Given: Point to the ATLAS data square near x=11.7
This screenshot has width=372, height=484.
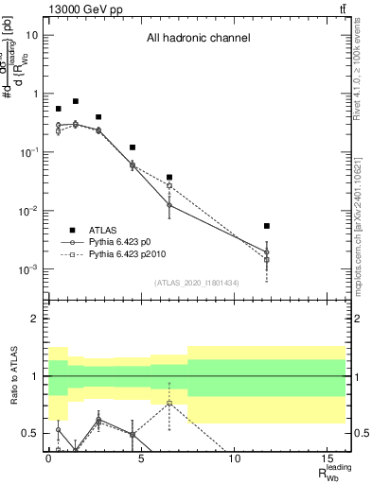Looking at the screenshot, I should coord(267,226).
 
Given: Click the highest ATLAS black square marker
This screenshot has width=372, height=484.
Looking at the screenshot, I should coord(76,101).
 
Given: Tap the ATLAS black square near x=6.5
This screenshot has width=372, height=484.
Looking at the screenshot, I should coord(169,177).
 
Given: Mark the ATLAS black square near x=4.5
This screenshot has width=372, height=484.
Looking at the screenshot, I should coord(133,147).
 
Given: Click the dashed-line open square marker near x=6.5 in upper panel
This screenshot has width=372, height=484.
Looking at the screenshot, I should coord(169,185).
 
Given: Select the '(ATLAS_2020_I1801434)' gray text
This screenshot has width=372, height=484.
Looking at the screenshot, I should coord(195,283).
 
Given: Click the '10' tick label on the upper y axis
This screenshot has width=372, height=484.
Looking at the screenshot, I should coord(32,36).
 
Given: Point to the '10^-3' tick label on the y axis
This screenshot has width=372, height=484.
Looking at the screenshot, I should coord(28,269).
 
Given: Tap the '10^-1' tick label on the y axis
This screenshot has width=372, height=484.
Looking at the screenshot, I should coord(28,153).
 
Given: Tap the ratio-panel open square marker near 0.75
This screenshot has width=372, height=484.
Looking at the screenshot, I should coord(169,404).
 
